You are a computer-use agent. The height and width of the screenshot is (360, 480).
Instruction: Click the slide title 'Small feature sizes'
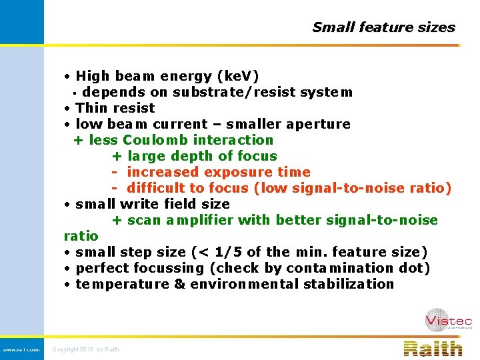click(x=383, y=27)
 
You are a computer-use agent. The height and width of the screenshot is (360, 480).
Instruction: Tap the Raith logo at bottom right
click(x=433, y=348)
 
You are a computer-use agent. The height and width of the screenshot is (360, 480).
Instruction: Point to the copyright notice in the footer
click(x=86, y=349)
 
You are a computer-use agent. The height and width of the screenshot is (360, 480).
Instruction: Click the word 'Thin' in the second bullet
click(x=90, y=108)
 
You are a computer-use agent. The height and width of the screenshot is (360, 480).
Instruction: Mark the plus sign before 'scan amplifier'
click(x=116, y=221)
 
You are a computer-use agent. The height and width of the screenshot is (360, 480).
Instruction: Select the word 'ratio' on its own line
click(x=81, y=236)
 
